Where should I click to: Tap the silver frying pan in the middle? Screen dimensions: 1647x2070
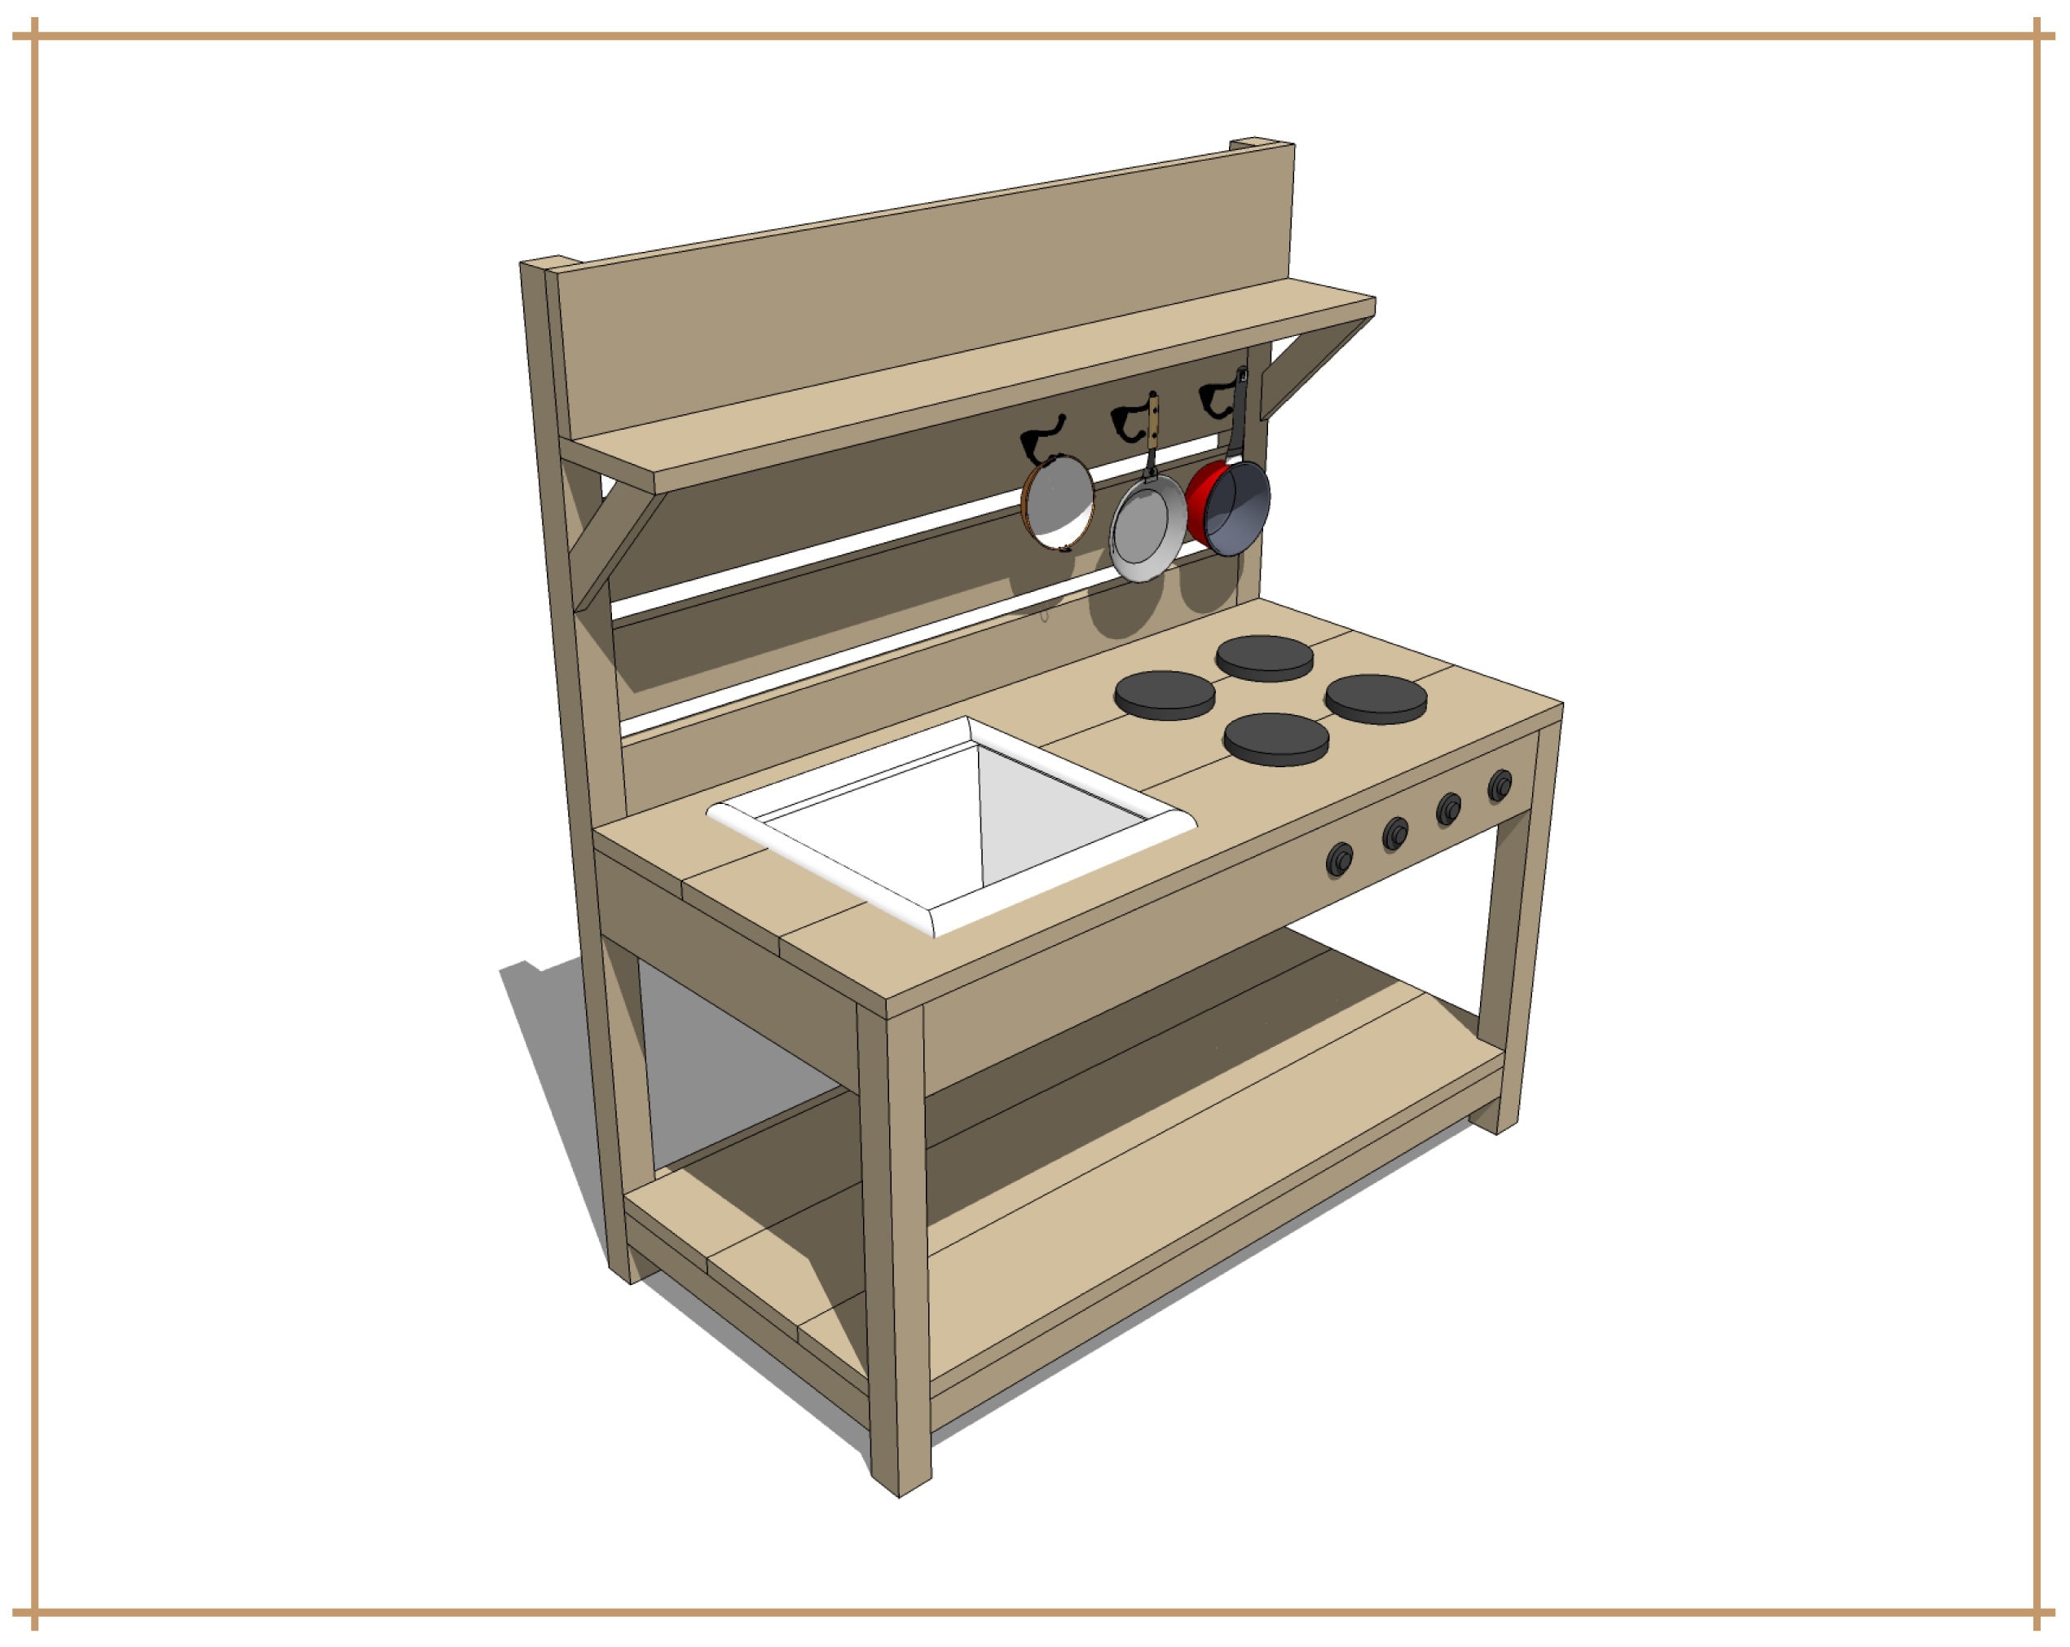pyautogui.click(x=1147, y=528)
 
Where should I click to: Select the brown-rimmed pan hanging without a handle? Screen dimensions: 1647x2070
pyautogui.click(x=1057, y=502)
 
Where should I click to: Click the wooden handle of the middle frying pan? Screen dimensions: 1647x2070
pyautogui.click(x=1152, y=422)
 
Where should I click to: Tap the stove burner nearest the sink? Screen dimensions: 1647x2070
pyautogui.click(x=1165, y=693)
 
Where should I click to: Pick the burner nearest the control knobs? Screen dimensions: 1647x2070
pyautogui.click(x=1276, y=738)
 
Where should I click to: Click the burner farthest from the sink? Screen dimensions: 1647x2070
pyautogui.click(x=1375, y=697)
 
